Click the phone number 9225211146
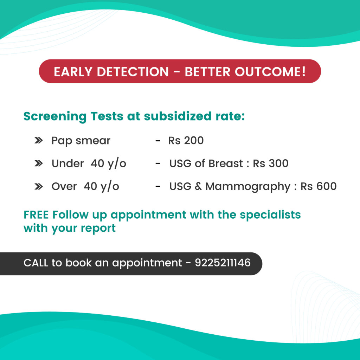(223, 263)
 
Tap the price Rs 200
(186, 141)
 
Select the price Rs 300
(270, 163)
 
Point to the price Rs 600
(319, 186)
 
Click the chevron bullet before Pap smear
(39, 140)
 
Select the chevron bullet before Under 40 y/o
(39, 163)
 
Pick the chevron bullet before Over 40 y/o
(39, 186)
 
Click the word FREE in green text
(36, 215)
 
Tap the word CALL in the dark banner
(36, 263)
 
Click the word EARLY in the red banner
(73, 72)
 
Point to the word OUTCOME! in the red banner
(270, 72)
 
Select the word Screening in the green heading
(55, 117)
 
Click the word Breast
(226, 163)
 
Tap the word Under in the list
(67, 163)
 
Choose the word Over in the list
(64, 186)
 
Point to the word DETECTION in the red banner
(133, 72)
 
